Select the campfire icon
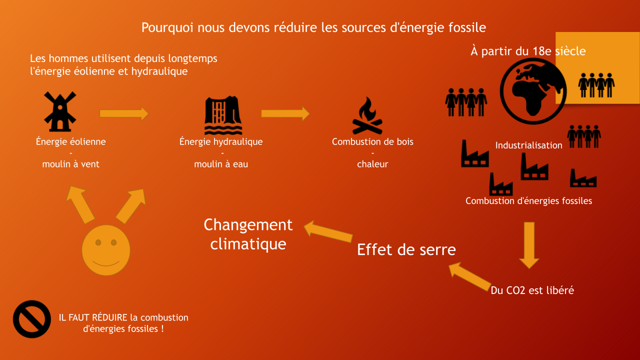tap(367, 116)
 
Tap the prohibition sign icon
tap(32, 319)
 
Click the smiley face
tap(106, 249)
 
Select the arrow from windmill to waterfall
tap(124, 113)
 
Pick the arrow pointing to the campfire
tap(285, 113)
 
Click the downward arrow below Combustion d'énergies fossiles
tap(529, 245)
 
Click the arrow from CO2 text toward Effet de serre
tap(470, 277)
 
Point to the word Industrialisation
tap(528, 145)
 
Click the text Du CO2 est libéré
tap(532, 290)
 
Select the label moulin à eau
tap(221, 164)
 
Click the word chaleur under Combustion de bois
tap(372, 164)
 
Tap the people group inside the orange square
tap(596, 85)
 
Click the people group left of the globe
tap(466, 101)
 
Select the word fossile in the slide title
tap(464, 27)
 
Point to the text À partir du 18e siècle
tap(528, 51)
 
